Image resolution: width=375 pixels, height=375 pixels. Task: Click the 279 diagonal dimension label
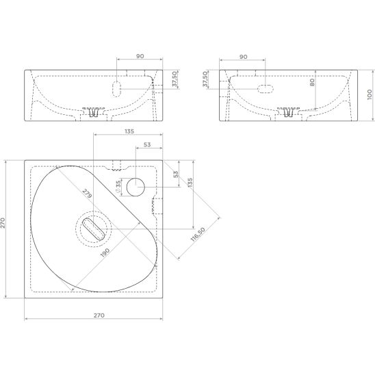coord(87,194)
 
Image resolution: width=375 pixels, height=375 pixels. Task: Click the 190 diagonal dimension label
coord(105,253)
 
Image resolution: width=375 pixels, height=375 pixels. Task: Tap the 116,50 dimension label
coord(198,234)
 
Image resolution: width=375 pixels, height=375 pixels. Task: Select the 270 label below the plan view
coord(99,315)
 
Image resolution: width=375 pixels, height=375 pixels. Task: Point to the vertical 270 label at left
coord(3,223)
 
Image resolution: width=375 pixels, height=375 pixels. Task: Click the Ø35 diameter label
coord(118,187)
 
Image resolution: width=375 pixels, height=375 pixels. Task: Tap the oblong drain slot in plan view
coord(94,229)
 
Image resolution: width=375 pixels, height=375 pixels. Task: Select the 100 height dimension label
coord(370,94)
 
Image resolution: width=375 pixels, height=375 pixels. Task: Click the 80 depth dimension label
coord(312,83)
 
